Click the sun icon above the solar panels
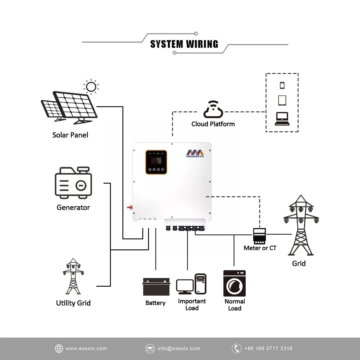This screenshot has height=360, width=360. click(x=91, y=87)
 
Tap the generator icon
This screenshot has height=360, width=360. click(x=73, y=183)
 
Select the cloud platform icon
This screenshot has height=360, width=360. click(x=213, y=110)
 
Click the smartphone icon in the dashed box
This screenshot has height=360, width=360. click(x=282, y=85)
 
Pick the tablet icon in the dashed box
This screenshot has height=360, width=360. click(x=282, y=100)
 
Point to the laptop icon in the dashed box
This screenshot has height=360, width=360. click(x=282, y=119)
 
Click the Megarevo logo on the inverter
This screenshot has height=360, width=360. click(x=195, y=154)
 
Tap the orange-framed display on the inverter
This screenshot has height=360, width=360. click(x=156, y=162)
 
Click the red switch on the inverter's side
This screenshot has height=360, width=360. click(x=130, y=207)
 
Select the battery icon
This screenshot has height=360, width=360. click(x=156, y=287)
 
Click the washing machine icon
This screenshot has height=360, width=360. click(x=234, y=283)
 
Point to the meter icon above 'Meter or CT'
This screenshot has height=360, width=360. click(x=259, y=236)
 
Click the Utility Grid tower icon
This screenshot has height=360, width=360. click(x=73, y=277)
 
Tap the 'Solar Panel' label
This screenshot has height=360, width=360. click(x=70, y=135)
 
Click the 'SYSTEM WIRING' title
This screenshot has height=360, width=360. click(x=184, y=44)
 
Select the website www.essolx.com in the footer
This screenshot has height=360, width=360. click(x=86, y=348)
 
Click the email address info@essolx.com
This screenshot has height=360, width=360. click(x=179, y=348)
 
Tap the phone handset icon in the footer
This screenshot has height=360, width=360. click(x=236, y=348)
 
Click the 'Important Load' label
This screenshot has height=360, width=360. click(x=192, y=305)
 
